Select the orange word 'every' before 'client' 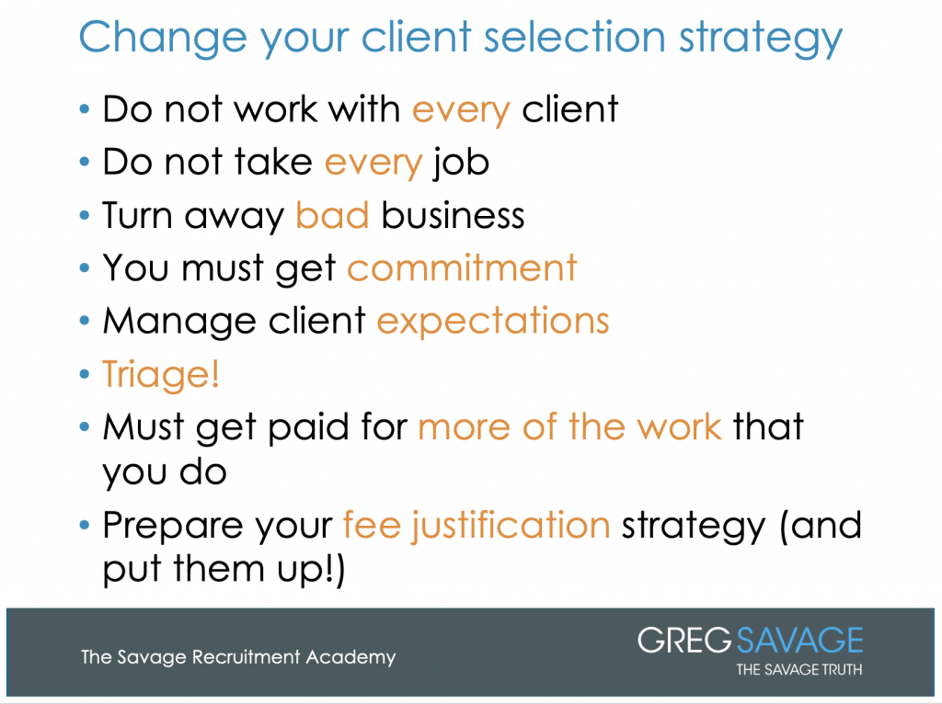point(461,111)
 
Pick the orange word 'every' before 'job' point(373,164)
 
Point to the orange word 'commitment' point(462,267)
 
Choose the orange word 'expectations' point(493,321)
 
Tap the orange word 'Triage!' point(161,374)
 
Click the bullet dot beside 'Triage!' point(84,374)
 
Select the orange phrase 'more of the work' point(569,426)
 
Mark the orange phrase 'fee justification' point(477,526)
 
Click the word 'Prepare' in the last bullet point(173,527)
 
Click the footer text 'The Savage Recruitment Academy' point(238,657)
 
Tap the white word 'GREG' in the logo point(684,640)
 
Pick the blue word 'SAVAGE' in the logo point(799,640)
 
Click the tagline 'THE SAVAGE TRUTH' point(799,669)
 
